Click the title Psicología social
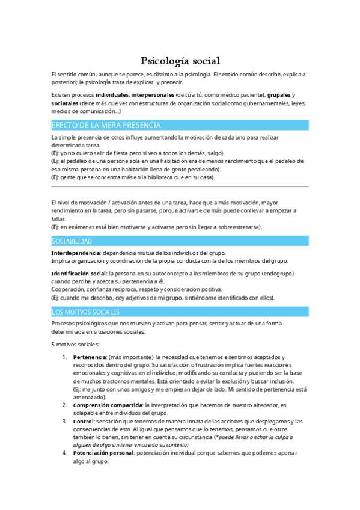(180, 60)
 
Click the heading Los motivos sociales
(85, 312)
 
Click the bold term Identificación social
(79, 273)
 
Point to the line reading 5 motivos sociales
(75, 345)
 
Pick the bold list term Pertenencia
(90, 357)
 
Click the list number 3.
(65, 421)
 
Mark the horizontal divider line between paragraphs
(180, 186)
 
